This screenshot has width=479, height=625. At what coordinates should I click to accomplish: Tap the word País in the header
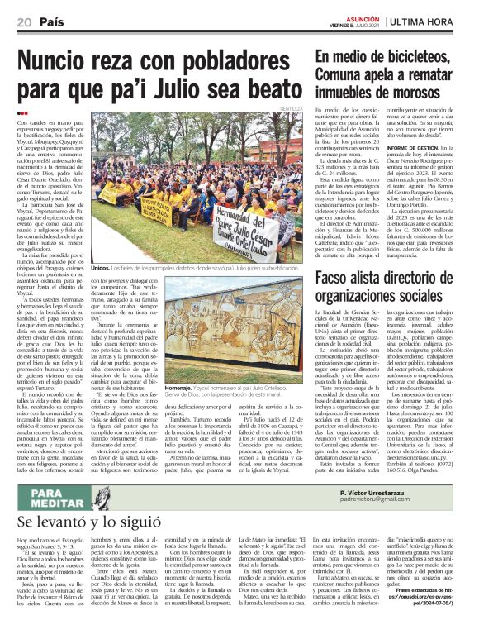[x=52, y=22]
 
